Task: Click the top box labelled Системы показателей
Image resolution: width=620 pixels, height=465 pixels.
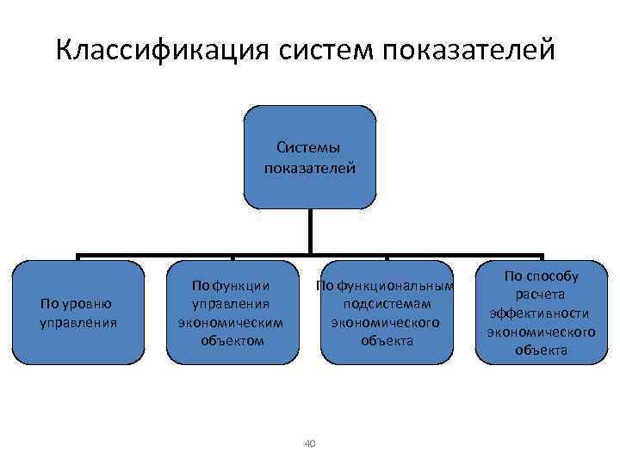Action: pos(310,158)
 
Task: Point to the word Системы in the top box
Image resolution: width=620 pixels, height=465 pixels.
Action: pos(309,149)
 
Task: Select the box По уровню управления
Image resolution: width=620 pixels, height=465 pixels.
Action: pos(78,313)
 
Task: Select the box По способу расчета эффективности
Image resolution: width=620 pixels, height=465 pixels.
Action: pos(541,312)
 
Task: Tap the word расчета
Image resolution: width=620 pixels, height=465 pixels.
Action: pos(541,294)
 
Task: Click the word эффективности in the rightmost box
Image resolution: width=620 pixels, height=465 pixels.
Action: pos(541,313)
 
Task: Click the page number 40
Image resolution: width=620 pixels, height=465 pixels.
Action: pos(310,443)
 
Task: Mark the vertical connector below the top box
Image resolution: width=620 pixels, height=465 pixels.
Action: pos(310,231)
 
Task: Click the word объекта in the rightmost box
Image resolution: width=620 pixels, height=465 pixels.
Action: pos(541,350)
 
